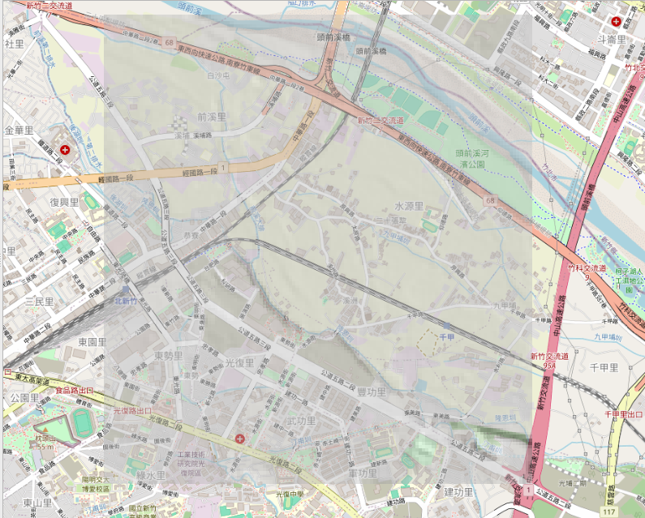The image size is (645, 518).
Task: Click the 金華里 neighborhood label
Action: click(19, 131)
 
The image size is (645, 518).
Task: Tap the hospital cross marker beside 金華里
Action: click(64, 150)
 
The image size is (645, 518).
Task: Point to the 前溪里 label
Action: click(211, 118)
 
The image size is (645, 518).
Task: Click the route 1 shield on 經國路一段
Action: click(223, 167)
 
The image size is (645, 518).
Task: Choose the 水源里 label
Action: click(409, 206)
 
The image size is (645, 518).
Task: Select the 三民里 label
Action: click(38, 302)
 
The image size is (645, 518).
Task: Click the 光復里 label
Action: click(241, 363)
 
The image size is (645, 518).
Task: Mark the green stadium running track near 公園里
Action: click(83, 423)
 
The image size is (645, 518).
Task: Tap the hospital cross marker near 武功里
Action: click(239, 439)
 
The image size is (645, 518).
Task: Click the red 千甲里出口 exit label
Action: click(623, 414)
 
